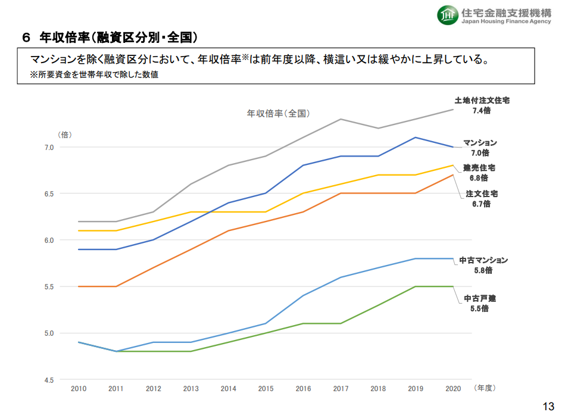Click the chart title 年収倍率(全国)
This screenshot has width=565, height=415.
point(278,113)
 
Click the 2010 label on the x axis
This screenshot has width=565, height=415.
point(79,389)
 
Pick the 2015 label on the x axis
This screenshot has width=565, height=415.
point(266,389)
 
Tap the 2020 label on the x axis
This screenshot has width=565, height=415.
point(453,389)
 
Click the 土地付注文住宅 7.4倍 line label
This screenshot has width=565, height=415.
point(482,105)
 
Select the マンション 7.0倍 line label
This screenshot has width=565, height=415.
point(480,148)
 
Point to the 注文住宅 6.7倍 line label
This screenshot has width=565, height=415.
point(482,199)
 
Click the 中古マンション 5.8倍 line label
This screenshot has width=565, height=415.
point(483,265)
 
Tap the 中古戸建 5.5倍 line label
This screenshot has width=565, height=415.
point(480,303)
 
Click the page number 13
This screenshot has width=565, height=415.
point(548,406)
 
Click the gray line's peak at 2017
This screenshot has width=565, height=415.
point(341,119)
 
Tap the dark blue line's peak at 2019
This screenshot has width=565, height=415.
point(416,138)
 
